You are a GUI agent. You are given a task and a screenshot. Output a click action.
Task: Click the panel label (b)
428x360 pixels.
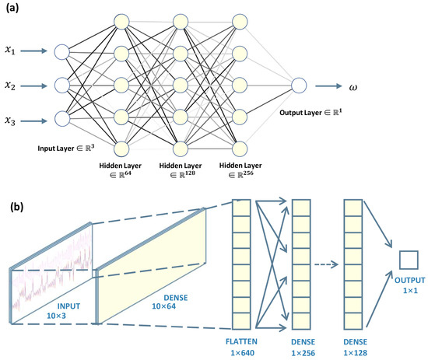point(15,208)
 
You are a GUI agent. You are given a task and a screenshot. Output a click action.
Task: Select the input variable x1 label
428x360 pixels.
point(12,51)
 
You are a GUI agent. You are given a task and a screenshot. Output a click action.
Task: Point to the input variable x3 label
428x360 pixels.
point(12,119)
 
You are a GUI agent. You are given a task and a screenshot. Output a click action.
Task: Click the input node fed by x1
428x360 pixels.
point(62,52)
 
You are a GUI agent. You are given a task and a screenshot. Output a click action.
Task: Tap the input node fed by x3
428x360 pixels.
point(62,119)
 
